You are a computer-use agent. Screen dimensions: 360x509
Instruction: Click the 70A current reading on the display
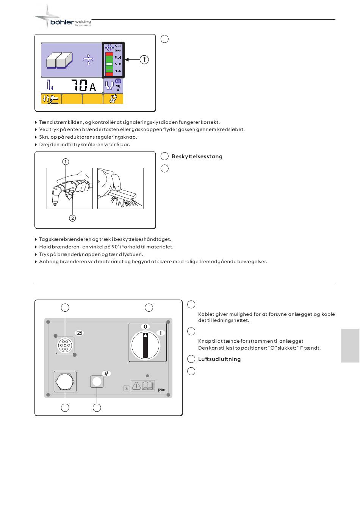click(83, 86)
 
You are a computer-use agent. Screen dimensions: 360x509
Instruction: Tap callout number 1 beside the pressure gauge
click(144, 60)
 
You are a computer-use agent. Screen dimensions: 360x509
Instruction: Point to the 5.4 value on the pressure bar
click(118, 58)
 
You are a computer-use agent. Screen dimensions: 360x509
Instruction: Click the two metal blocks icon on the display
click(59, 60)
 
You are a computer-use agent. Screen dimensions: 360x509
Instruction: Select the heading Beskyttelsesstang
click(197, 156)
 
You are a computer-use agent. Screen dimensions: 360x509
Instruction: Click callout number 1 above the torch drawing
click(66, 162)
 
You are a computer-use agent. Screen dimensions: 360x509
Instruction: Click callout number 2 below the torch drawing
click(72, 218)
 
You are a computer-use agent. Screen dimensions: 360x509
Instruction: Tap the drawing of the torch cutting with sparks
click(120, 188)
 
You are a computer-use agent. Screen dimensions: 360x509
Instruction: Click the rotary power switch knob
click(146, 345)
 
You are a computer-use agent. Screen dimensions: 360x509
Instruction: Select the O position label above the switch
click(145, 326)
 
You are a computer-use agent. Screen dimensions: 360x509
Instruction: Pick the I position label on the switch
click(161, 333)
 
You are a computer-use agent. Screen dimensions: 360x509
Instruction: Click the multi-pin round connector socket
click(65, 345)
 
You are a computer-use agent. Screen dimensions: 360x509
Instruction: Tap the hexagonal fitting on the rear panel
click(65, 381)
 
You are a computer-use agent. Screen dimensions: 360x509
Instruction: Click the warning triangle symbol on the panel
click(136, 386)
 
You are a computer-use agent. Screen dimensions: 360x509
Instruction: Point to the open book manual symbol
click(148, 386)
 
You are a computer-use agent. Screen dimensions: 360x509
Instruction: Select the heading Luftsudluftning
click(219, 359)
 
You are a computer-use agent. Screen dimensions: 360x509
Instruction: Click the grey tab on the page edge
click(350, 345)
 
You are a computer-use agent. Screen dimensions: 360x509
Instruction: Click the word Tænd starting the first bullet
click(46, 122)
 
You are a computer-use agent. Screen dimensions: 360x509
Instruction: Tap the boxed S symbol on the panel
click(127, 388)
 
